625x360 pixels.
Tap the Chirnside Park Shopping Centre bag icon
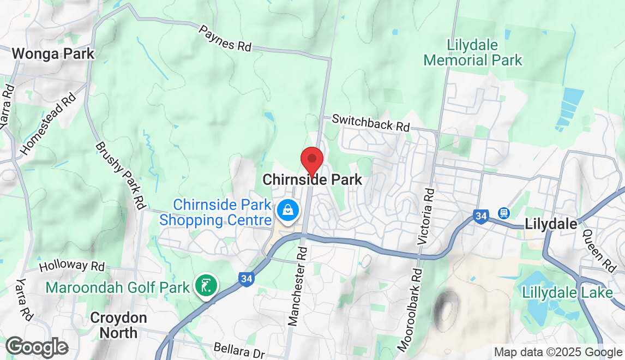(287, 210)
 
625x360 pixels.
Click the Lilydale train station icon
(503, 213)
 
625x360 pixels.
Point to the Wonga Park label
(53, 54)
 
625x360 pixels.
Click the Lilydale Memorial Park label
(473, 52)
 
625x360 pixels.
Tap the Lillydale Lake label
(567, 292)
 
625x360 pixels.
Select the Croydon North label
(118, 325)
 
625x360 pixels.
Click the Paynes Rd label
(225, 38)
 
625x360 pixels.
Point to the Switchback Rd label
(370, 122)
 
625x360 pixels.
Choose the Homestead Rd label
(48, 124)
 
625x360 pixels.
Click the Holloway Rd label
(72, 266)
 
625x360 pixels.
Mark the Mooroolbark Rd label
(410, 309)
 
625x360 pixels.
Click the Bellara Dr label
(239, 348)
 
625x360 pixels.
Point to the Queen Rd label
(598, 250)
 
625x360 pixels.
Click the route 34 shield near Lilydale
(480, 217)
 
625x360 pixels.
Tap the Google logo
(37, 347)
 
